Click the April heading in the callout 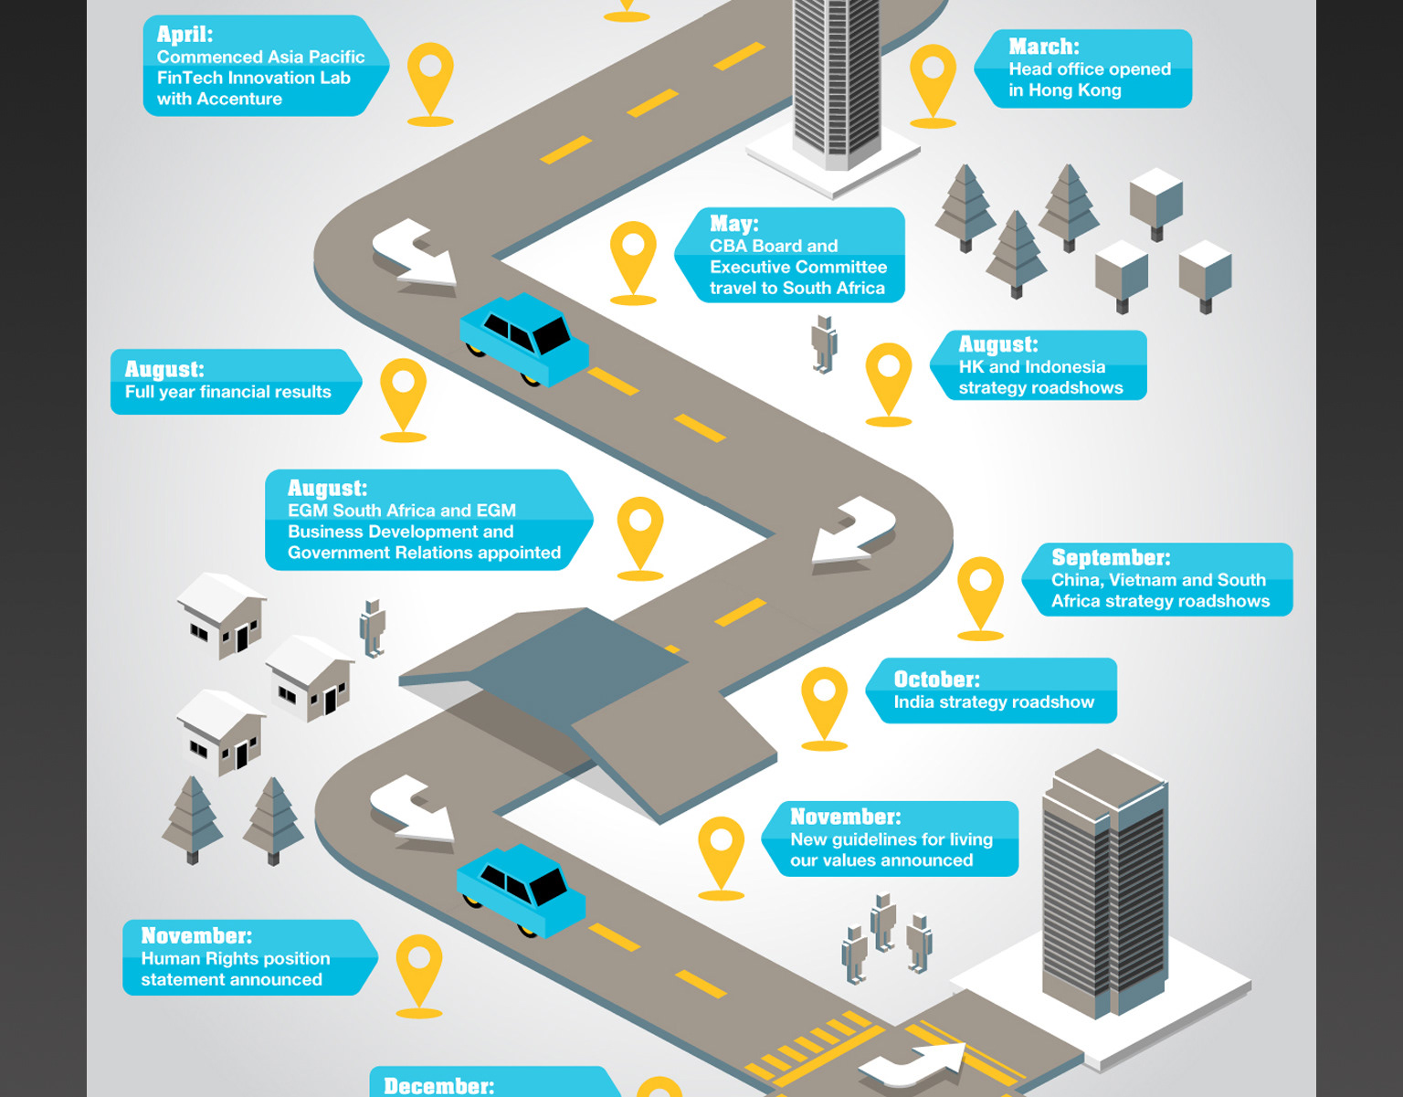coord(185,35)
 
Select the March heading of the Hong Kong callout coord(1043,47)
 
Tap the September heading coord(1111,557)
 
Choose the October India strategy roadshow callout coord(992,691)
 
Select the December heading coord(438,1085)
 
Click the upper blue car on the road coord(525,338)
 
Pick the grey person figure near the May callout coord(825,343)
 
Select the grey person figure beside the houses coord(373,628)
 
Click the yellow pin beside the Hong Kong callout coord(933,79)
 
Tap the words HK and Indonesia coord(1031,367)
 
